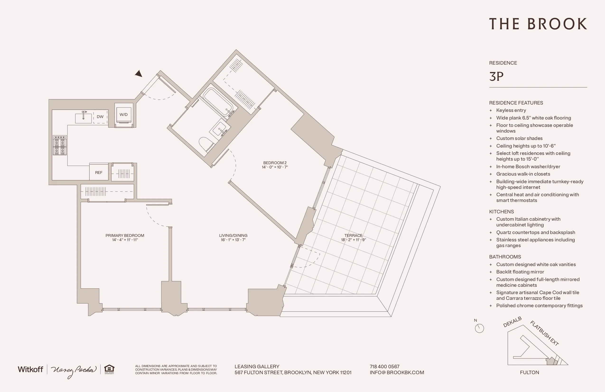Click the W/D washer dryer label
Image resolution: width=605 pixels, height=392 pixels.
(124, 115)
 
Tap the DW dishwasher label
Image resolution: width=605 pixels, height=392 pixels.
(100, 117)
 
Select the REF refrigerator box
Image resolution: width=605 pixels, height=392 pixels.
(99, 172)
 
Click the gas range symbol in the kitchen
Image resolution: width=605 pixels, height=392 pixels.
(60, 145)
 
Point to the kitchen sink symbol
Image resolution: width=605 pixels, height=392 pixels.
(83, 118)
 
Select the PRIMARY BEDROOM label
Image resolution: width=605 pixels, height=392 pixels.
(125, 235)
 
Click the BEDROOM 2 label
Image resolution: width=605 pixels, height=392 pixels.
(275, 163)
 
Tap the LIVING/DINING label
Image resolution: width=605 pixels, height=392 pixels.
(233, 235)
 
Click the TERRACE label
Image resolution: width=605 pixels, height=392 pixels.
(353, 235)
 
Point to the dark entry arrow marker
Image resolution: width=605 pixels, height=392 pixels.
(139, 74)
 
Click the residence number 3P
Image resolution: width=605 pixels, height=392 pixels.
(496, 76)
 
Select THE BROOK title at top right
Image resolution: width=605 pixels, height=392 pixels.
(538, 24)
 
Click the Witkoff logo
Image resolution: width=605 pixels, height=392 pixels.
(30, 369)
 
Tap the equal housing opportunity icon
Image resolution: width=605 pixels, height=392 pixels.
(109, 369)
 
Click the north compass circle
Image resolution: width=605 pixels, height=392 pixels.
(479, 328)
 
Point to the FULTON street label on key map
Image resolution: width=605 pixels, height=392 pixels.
(529, 373)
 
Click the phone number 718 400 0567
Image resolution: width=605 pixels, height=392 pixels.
(384, 367)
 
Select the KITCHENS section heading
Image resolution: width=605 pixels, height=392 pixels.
(501, 211)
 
